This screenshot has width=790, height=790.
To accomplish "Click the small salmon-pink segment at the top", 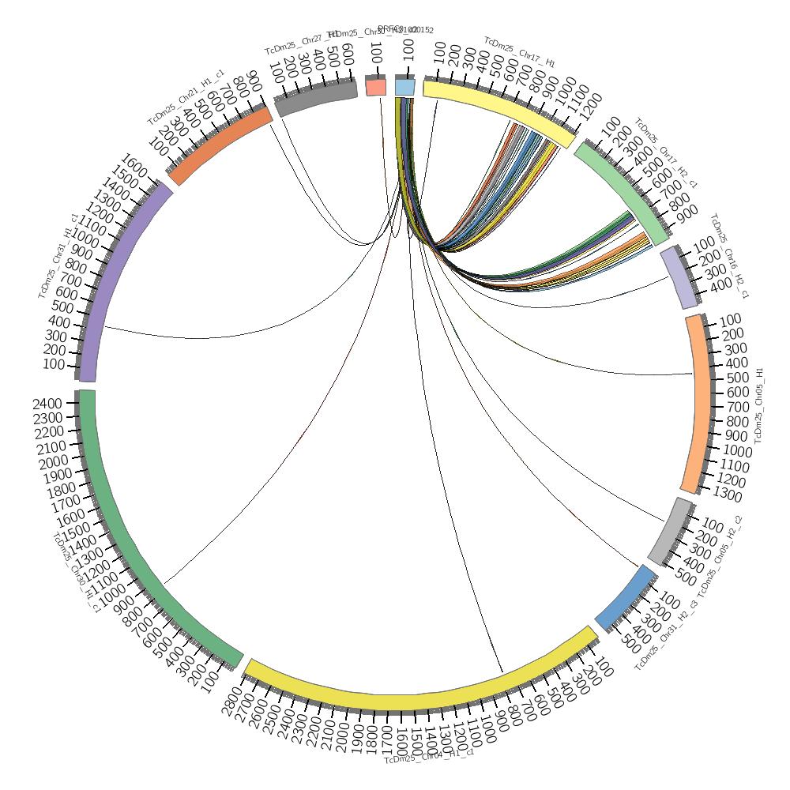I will [x=376, y=87].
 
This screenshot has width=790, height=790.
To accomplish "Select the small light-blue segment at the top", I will [x=404, y=87].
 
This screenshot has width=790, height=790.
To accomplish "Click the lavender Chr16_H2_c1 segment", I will [x=679, y=276].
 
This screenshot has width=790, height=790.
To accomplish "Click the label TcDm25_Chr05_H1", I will [x=760, y=404].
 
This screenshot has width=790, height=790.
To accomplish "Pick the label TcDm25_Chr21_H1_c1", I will [x=186, y=96].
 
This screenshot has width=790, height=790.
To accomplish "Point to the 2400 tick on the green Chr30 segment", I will [x=47, y=403].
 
